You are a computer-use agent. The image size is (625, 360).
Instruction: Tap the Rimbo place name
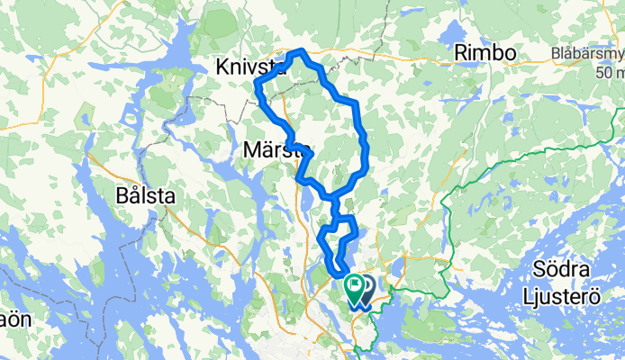coord(485,53)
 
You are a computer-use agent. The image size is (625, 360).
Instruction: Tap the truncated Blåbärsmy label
coord(588,53)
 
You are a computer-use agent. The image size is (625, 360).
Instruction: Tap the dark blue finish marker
coord(367,287)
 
